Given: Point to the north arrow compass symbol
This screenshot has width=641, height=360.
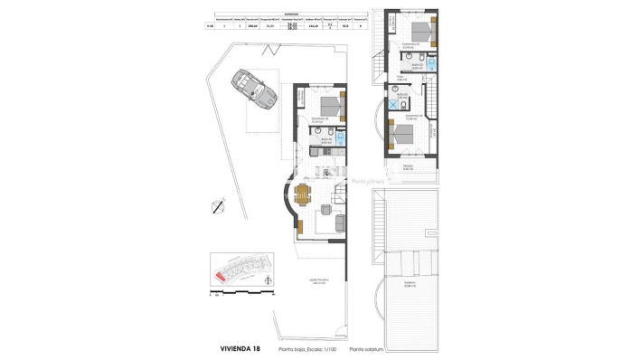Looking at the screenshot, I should click(x=217, y=206).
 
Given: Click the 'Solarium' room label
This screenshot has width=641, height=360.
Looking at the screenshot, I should click(x=399, y=287).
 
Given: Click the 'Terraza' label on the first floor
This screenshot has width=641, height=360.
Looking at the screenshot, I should click(x=408, y=166).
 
